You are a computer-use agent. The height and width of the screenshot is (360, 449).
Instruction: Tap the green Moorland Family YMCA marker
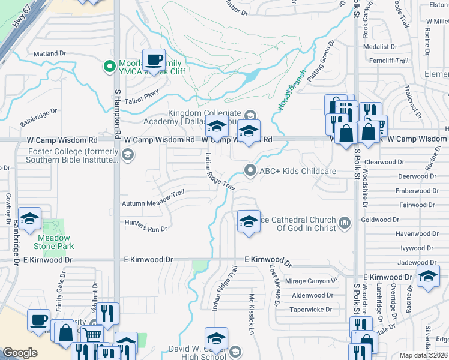tap(110, 65)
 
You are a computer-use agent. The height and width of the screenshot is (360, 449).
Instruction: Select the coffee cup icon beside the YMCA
tap(154, 61)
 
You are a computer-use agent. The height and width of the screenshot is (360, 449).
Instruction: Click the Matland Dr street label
tap(49, 53)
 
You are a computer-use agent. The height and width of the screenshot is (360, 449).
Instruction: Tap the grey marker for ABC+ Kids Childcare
tap(250, 171)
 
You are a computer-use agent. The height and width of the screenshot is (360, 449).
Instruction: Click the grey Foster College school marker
tap(127, 155)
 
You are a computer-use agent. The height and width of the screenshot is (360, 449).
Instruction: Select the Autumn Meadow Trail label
tap(153, 203)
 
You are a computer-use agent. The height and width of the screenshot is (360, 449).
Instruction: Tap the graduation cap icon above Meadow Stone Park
tap(29, 220)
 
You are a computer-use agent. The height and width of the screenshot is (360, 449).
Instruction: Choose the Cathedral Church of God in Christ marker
tap(345, 224)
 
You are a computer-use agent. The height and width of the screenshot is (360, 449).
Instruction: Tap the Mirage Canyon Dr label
tap(308, 281)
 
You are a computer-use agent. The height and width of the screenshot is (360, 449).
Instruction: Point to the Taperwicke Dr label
tap(311, 310)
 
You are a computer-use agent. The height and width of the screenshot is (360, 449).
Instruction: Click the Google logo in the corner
tap(20, 353)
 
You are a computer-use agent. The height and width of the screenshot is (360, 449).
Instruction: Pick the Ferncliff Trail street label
tap(389, 61)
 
